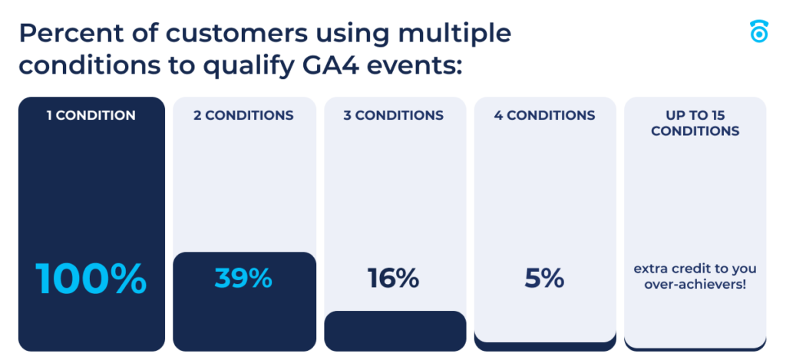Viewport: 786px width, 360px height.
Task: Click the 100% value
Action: click(91, 279)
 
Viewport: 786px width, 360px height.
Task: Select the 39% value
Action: click(243, 278)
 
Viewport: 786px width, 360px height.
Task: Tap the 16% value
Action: click(394, 278)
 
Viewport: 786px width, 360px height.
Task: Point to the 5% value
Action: click(544, 278)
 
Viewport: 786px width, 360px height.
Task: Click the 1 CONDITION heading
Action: click(91, 116)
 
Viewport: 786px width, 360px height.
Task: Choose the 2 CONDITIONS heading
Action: click(243, 116)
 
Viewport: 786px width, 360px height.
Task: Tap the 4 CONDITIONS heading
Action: click(545, 116)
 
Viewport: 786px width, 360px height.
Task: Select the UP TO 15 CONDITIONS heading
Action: click(695, 123)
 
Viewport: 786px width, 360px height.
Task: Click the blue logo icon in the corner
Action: click(758, 31)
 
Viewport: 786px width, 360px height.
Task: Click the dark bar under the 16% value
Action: click(395, 331)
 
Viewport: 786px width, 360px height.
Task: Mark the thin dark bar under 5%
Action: click(545, 344)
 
